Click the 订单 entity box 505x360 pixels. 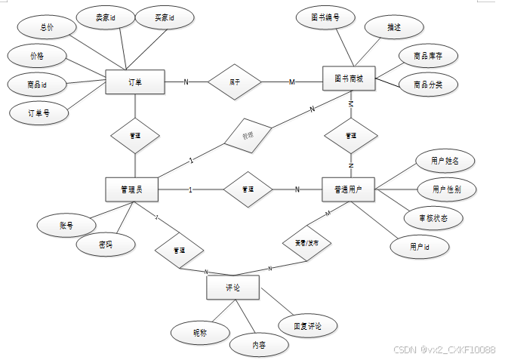tap(135, 82)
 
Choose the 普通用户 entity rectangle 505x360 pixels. tap(349, 189)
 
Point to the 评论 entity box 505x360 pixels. tap(232, 288)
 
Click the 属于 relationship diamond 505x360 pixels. tap(235, 82)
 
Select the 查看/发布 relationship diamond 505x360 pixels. tap(306, 243)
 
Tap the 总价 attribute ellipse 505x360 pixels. tap(48, 26)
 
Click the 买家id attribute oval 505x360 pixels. tap(164, 17)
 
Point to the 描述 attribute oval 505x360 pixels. tap(393, 28)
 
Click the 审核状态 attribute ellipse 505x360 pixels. tap(436, 217)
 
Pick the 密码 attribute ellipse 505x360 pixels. tap(106, 245)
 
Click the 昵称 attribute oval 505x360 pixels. tap(199, 331)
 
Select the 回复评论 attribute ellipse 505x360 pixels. tap(307, 326)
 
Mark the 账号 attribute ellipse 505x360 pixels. tap(66, 225)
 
